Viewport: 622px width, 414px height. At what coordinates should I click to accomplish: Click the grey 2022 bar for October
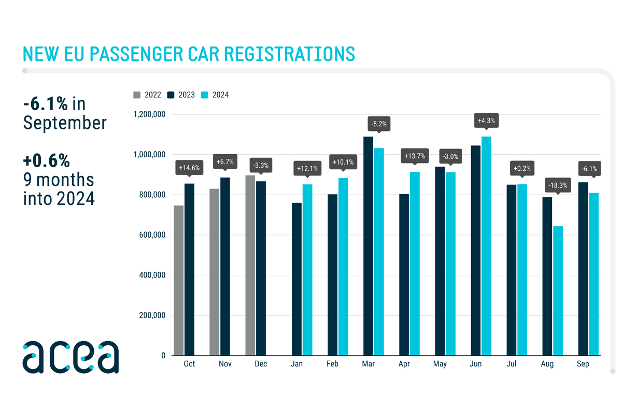click(x=178, y=280)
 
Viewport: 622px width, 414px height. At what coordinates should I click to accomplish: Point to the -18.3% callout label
click(x=558, y=185)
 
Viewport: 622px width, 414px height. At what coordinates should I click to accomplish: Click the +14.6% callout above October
click(x=189, y=167)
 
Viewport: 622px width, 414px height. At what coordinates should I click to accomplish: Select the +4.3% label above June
click(x=486, y=121)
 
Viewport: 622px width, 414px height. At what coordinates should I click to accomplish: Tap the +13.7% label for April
click(x=415, y=156)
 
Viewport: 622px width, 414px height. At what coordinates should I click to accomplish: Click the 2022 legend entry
click(x=147, y=95)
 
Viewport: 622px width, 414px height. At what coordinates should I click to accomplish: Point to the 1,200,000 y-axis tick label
click(x=149, y=114)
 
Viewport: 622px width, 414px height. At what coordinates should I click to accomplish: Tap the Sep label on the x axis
click(x=583, y=364)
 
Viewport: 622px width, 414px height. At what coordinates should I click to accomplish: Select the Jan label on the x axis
click(x=296, y=364)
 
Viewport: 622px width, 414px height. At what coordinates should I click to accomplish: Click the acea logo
click(x=70, y=357)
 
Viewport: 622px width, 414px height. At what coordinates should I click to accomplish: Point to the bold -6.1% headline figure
click(x=46, y=105)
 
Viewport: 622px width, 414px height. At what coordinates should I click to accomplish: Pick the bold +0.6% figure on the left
click(x=46, y=161)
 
